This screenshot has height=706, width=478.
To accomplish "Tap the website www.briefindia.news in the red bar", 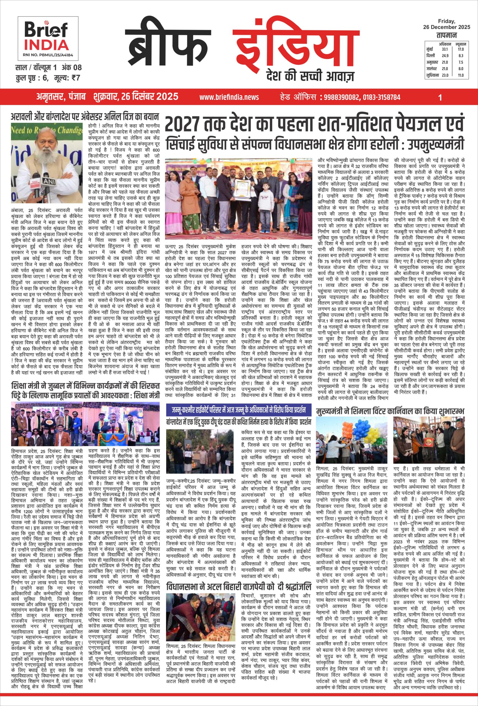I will coord(229,97).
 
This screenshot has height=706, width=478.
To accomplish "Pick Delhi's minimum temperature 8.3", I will coord(461,56).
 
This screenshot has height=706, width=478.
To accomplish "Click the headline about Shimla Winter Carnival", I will coord(386,412).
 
